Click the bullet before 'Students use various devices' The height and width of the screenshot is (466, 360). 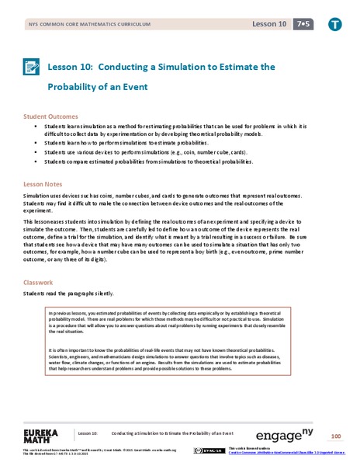(x=36, y=153)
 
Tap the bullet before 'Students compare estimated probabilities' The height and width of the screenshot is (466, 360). (x=36, y=162)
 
